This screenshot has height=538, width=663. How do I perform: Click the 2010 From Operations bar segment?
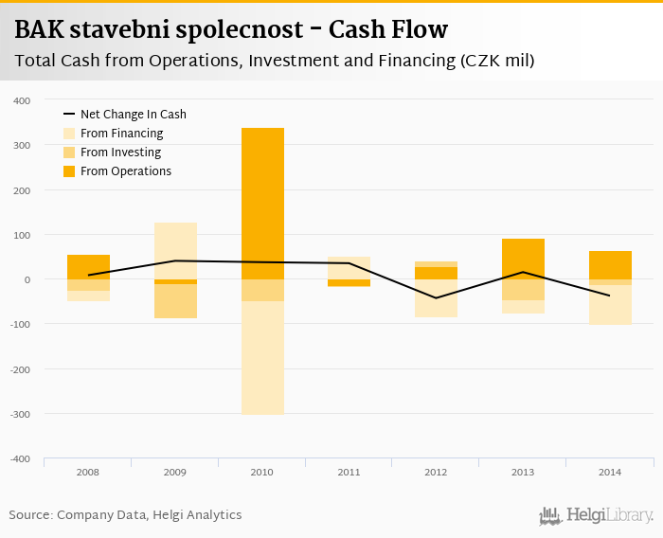tap(262, 204)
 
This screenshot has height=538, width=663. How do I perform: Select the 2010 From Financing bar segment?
tap(262, 357)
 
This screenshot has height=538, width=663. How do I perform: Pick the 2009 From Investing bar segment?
tap(176, 300)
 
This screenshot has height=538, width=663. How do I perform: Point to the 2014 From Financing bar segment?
tap(610, 304)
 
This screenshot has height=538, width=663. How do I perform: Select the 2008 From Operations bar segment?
tap(89, 266)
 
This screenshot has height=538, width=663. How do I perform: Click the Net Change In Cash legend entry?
tap(133, 115)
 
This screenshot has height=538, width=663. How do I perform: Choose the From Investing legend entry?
tap(120, 152)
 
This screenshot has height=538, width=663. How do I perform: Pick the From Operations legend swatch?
tap(69, 171)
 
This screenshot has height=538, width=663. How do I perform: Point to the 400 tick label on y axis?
tap(22, 100)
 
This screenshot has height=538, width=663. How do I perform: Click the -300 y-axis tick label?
tap(20, 414)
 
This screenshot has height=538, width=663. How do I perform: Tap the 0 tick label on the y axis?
tap(27, 279)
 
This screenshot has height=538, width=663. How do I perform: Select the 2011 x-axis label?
tap(349, 471)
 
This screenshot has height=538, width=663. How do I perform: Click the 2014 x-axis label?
tap(610, 471)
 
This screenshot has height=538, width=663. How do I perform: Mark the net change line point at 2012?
tap(437, 297)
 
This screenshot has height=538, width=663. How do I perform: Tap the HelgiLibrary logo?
tap(597, 516)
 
